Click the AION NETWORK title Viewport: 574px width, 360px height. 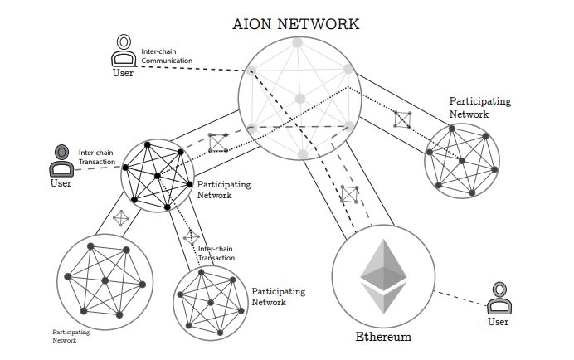296,24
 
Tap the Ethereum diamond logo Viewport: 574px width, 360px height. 384,276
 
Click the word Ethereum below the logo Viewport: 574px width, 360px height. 383,337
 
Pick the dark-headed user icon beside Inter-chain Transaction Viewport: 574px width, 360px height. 61,161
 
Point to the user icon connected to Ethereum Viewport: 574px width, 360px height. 499,298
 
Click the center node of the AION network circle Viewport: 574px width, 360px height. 300,99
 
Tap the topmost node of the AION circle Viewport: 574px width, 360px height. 297,42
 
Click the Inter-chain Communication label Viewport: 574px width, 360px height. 167,56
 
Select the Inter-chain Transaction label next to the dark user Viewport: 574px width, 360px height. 97,157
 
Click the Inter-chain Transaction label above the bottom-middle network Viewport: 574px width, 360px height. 216,254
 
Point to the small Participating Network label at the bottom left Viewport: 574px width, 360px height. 71,336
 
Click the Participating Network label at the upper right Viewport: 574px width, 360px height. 480,107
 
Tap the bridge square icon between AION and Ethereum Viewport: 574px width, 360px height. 349,194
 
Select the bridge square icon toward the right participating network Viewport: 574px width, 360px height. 402,119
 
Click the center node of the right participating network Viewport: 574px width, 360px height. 462,161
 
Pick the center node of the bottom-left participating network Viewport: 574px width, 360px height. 105,280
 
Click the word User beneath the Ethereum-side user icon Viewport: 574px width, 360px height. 498,322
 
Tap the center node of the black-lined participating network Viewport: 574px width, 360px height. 158,176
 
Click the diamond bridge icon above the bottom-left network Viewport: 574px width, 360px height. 121,218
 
